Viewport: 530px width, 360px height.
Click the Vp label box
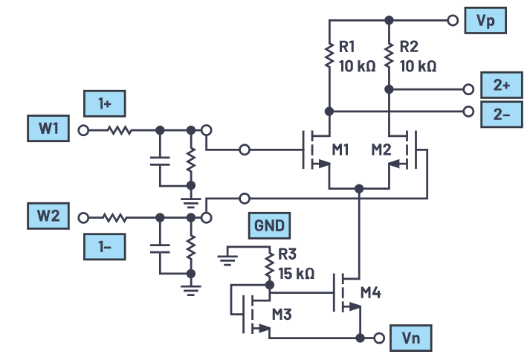[x=485, y=21]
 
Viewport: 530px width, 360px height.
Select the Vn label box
[x=410, y=338]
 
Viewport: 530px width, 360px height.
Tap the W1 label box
[x=49, y=130]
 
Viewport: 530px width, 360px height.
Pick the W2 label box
[x=49, y=218]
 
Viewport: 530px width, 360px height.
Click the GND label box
[x=269, y=226]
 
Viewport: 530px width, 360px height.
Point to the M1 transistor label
[x=341, y=151]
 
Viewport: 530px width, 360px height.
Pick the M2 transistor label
[x=382, y=151]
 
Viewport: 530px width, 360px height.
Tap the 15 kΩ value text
[x=296, y=273]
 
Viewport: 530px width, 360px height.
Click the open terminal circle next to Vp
[x=451, y=21]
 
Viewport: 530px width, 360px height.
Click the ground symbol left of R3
[x=227, y=260]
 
